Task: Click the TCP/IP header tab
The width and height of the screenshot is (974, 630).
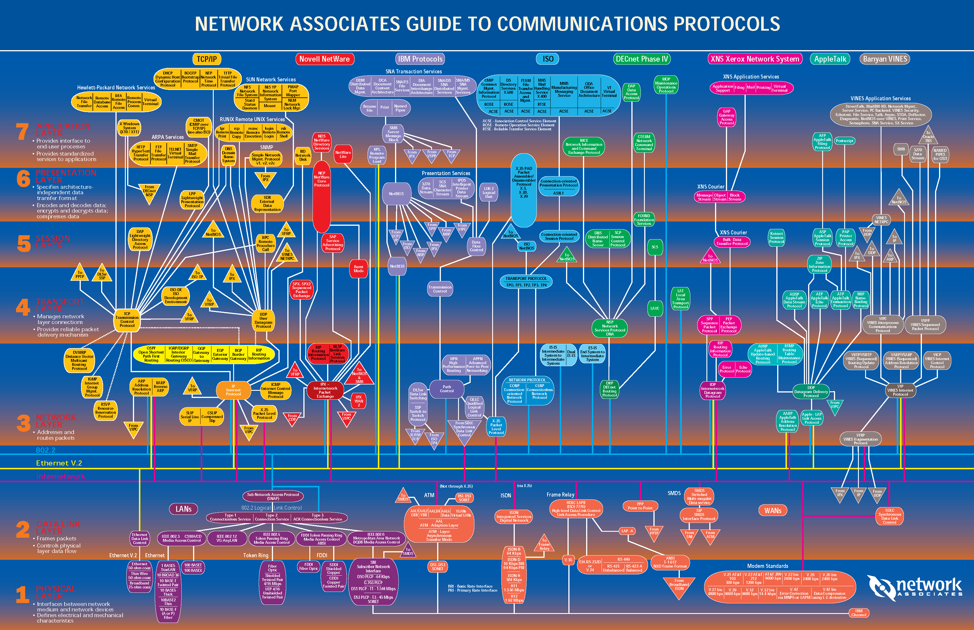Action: click(207, 59)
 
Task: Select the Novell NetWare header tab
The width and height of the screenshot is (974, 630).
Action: click(324, 59)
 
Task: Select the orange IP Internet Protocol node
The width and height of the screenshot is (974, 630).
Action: click(233, 390)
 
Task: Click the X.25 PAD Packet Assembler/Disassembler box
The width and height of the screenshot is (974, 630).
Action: click(524, 184)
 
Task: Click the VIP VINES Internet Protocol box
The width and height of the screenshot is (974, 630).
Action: click(900, 390)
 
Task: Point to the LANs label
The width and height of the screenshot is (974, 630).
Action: click(183, 509)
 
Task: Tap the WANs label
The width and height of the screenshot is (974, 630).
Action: click(773, 511)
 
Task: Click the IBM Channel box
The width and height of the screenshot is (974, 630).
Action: click(859, 613)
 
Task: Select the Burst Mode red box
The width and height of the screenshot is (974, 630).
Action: click(358, 269)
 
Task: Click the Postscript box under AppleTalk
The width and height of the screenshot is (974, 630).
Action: click(844, 141)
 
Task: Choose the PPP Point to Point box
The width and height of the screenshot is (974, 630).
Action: click(640, 506)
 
